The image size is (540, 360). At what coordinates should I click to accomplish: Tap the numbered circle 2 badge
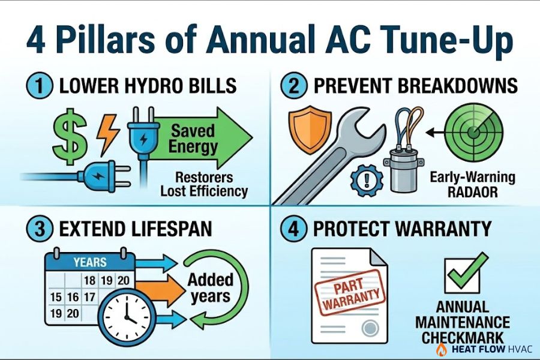coord(293,86)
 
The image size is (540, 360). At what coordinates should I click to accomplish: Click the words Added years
coord(208,287)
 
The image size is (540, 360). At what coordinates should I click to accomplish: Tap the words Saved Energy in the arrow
coord(193,139)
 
